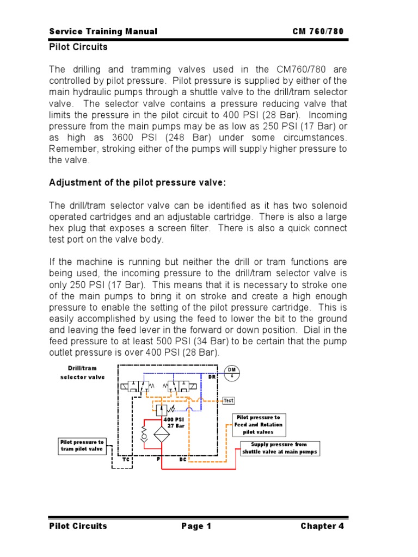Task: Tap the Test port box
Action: pos(229,400)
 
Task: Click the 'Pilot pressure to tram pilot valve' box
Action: pos(82,446)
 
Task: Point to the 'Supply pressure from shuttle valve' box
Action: pos(279,448)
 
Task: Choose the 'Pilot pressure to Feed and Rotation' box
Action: pos(259,425)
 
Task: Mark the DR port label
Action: pos(212,376)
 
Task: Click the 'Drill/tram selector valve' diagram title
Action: pos(83,373)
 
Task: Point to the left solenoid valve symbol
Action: pos(136,386)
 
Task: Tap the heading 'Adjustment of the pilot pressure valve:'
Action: pos(137,183)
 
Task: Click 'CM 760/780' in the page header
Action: pos(318,32)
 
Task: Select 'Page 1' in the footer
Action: pos(196,526)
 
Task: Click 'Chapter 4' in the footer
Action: pos(322,526)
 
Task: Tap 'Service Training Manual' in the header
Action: pos(103,32)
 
